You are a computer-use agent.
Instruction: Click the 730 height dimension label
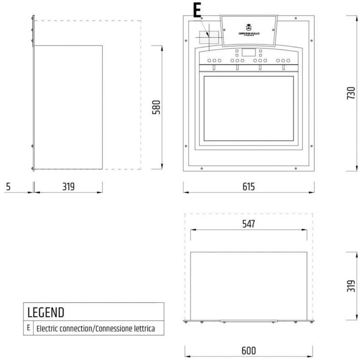(x=351, y=93)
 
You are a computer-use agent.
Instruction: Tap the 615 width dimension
(x=248, y=187)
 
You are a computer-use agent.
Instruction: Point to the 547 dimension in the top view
(x=248, y=224)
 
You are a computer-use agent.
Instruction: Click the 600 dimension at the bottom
(x=248, y=351)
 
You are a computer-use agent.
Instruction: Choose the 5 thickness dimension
(x=8, y=187)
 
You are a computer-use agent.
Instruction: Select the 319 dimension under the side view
(x=68, y=187)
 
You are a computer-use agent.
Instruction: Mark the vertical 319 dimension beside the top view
(x=351, y=286)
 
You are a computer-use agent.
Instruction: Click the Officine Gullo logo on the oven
(x=249, y=30)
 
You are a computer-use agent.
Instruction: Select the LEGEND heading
(x=46, y=312)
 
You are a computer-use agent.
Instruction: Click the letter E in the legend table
(x=28, y=328)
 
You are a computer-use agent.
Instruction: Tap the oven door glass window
(x=248, y=109)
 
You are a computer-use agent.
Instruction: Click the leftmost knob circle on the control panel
(x=209, y=61)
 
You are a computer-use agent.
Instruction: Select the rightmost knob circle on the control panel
(x=288, y=61)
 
